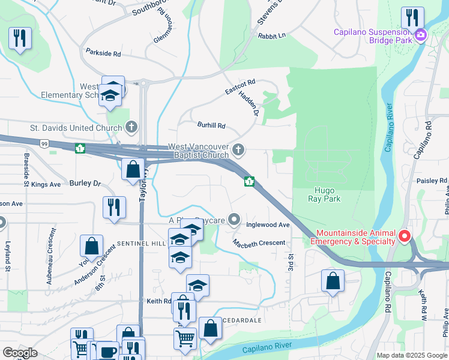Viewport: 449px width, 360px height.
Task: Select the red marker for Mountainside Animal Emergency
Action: pos(405,237)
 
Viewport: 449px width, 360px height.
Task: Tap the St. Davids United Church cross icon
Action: pos(132,127)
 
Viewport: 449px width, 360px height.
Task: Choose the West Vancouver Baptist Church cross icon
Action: pos(239,150)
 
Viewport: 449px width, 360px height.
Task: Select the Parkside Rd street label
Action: pos(103,53)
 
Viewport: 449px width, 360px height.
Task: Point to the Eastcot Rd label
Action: pos(240,87)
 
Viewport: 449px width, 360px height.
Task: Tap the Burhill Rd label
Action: pos(211,125)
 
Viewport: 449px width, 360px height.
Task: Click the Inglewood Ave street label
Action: pos(268,225)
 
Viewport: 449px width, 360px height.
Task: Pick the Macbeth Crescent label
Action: pos(259,242)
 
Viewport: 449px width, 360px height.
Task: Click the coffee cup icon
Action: pos(107,352)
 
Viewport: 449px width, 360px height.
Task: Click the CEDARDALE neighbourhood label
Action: pos(241,320)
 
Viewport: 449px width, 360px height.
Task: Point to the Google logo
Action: pos(20,353)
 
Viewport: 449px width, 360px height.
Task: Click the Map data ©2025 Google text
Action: pos(411,355)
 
